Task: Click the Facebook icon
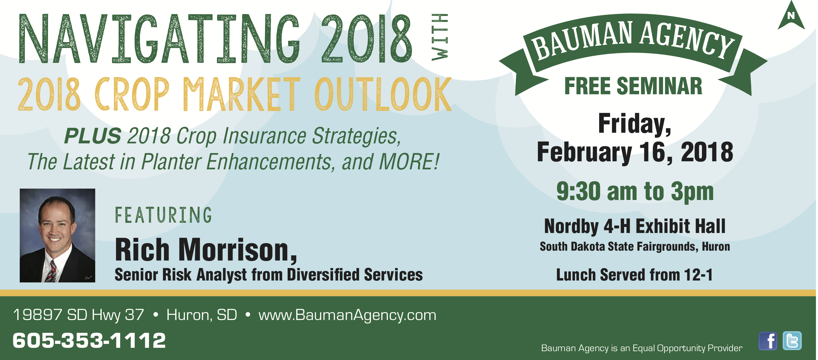point(768,341)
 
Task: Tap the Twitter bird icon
point(792,341)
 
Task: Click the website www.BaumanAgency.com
point(347,315)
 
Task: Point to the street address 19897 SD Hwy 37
point(78,315)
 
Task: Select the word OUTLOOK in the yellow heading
point(383,94)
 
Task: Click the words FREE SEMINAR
point(633,86)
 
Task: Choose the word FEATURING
point(163,215)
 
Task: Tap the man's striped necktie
point(51,272)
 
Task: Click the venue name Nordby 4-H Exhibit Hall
point(635,226)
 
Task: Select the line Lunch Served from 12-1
point(634,275)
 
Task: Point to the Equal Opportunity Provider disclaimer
point(642,348)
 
